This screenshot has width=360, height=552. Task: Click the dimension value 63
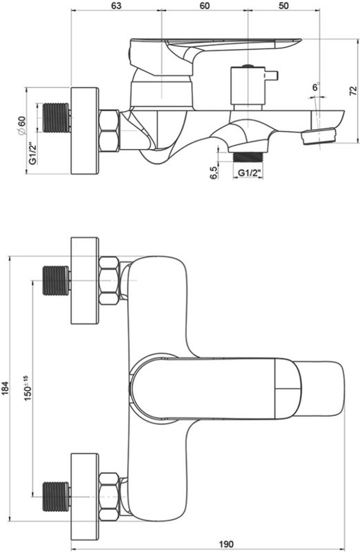click(116, 6)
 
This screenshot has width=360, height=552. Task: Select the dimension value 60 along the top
click(204, 6)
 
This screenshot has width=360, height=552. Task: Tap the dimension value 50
click(283, 6)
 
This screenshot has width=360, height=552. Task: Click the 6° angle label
click(316, 88)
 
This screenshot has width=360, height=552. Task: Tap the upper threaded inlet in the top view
click(57, 280)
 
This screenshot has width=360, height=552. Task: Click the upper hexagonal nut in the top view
click(110, 280)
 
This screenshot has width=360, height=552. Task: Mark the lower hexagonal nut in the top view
click(110, 490)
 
